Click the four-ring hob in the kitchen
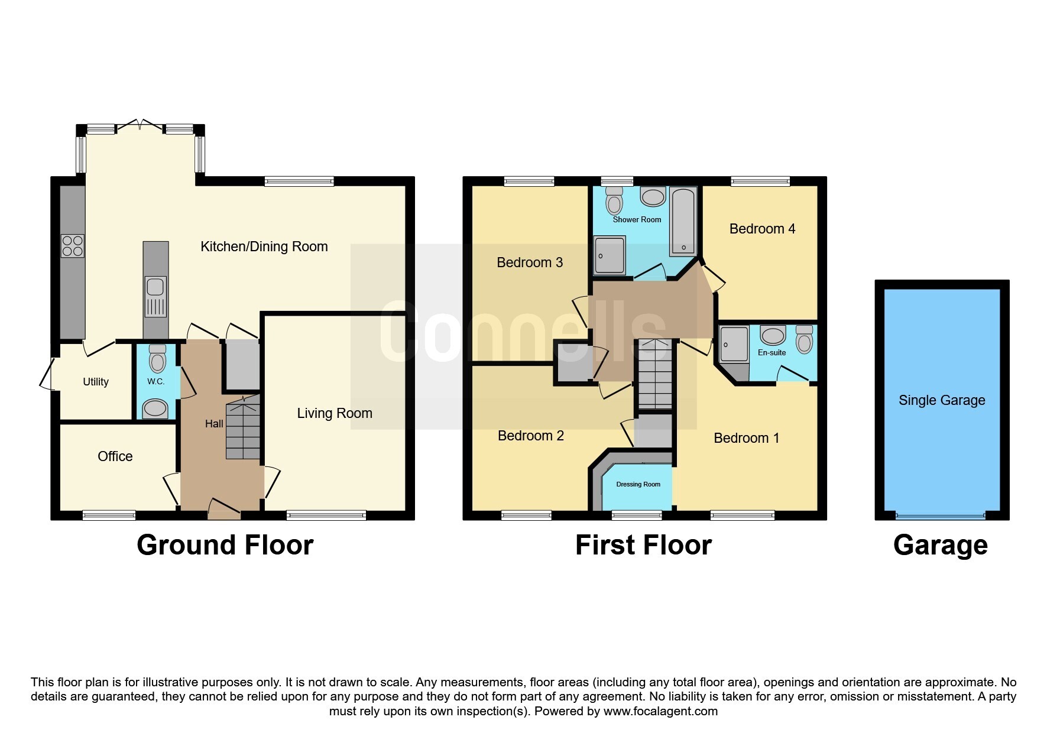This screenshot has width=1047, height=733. click(73, 246)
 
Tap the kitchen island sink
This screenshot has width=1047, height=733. click(155, 288)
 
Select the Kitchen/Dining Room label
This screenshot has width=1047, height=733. click(264, 247)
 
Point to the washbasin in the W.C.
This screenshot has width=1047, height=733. click(155, 407)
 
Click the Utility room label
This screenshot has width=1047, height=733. click(96, 382)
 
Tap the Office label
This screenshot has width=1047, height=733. click(115, 456)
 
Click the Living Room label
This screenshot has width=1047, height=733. click(335, 413)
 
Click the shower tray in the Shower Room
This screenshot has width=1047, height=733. click(610, 255)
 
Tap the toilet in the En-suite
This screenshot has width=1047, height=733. click(804, 339)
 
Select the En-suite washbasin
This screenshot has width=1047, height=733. click(772, 336)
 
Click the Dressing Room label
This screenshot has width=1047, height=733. click(638, 484)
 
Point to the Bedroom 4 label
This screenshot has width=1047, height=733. click(762, 229)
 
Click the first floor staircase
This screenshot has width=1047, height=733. click(655, 375)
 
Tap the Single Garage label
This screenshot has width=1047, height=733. click(942, 400)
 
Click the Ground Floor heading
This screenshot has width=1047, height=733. click(225, 545)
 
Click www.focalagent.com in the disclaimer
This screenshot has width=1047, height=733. click(660, 711)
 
